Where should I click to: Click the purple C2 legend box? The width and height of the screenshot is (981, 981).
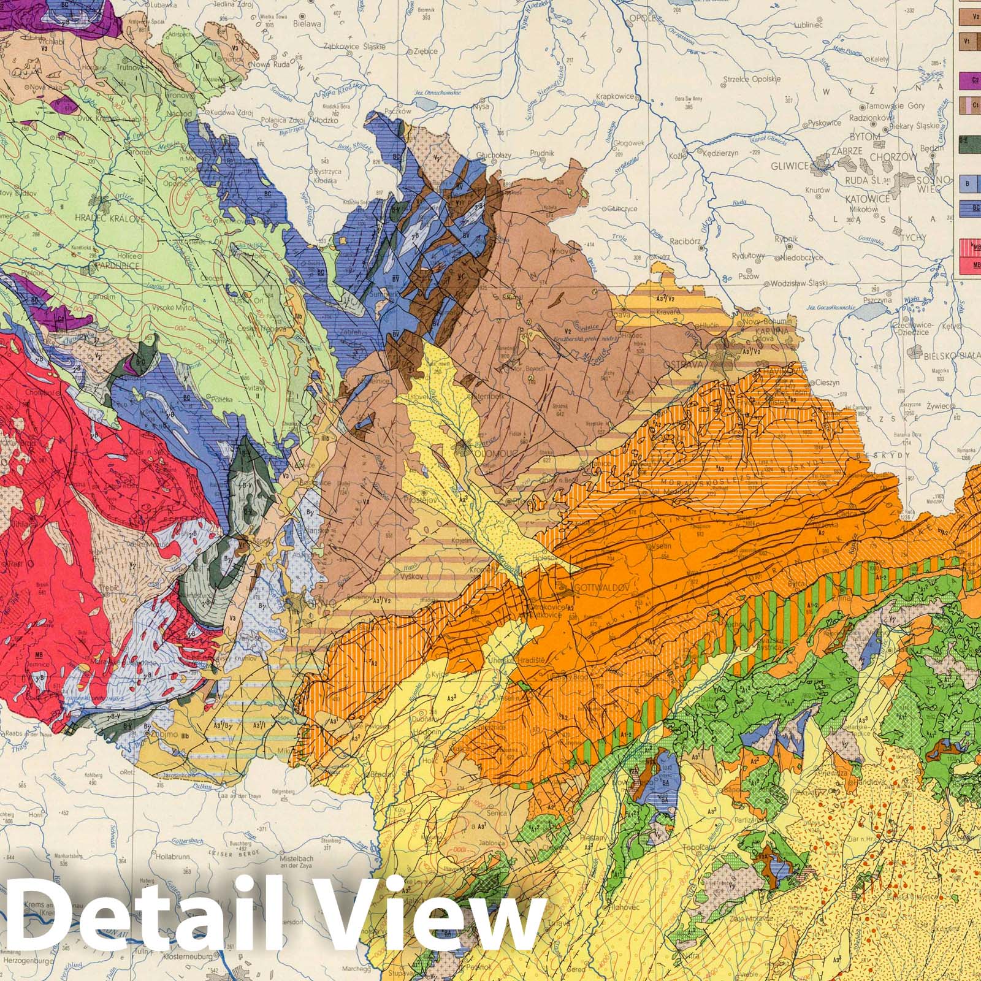[x=968, y=78]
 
